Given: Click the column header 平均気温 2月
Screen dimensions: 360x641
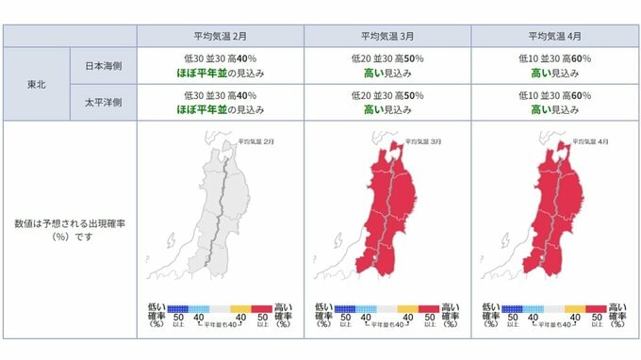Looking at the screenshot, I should pos(220,36).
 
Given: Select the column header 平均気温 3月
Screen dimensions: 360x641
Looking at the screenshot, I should pos(386,36).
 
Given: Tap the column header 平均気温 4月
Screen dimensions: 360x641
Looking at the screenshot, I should pos(554,36).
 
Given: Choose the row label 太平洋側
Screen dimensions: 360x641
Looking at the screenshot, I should pos(103,103).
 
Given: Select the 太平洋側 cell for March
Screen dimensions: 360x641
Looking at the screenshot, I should pos(386,103).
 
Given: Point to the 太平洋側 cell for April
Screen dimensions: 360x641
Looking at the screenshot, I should pos(554,103).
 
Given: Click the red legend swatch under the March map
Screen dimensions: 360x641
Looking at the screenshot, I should pos(429,308).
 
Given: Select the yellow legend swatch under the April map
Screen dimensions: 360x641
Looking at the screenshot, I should pos(575,308).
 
